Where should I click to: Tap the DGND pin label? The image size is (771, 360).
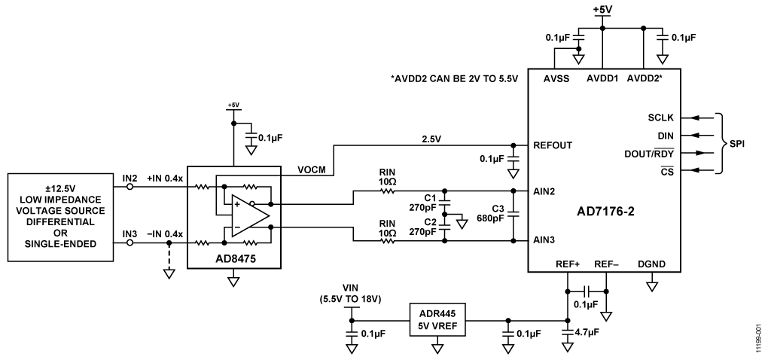click(652, 264)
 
